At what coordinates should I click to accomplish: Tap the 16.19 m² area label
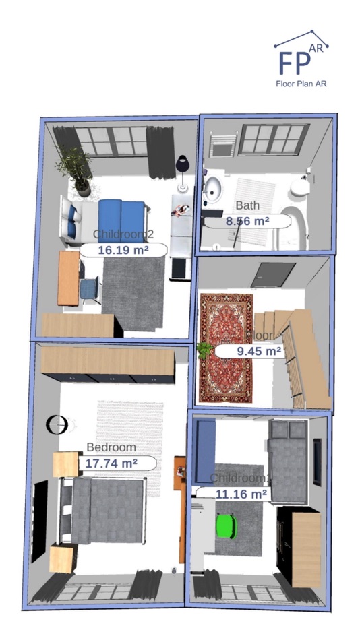[x=123, y=249]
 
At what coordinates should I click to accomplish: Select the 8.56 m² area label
[x=247, y=220]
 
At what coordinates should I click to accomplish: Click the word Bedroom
[x=111, y=447]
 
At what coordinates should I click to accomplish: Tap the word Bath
[x=247, y=205]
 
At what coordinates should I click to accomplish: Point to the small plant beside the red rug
[x=204, y=350]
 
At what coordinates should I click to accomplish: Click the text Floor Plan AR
[x=301, y=84]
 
